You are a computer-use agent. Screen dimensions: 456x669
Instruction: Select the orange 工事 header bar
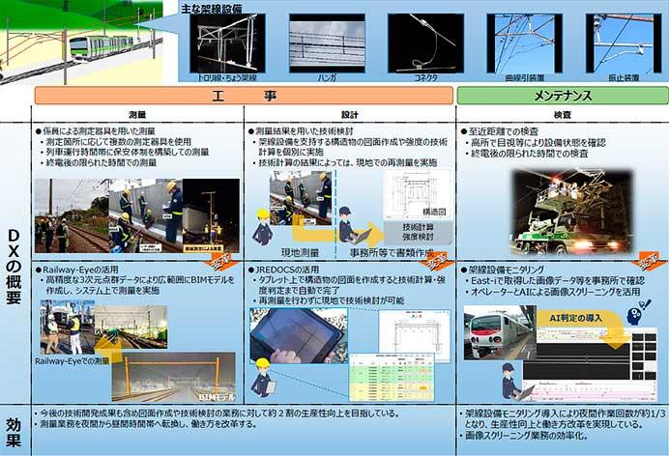click(244, 96)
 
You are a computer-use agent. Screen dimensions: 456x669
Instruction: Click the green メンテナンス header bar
click(561, 96)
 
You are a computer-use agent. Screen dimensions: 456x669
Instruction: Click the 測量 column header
click(136, 113)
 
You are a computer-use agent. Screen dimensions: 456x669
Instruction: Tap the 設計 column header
click(349, 113)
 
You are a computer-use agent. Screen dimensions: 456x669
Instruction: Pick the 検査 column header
click(561, 113)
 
